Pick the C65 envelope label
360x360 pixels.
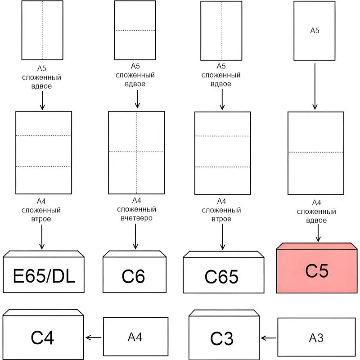tap(222, 277)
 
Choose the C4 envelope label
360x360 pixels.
tap(43, 337)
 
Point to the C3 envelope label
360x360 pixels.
tap(222, 338)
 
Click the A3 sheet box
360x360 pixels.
tap(316, 337)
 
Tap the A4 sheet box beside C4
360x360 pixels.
tap(135, 337)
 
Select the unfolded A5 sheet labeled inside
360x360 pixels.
tap(315, 31)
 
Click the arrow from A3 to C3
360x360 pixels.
tap(269, 337)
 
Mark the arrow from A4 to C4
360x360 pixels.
tap(94, 337)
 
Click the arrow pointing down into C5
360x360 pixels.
tap(319, 233)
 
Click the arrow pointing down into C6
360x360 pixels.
tap(135, 236)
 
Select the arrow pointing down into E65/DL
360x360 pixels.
tap(42, 236)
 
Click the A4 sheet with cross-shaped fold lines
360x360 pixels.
tap(136, 152)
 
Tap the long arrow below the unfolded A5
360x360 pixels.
tap(315, 85)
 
